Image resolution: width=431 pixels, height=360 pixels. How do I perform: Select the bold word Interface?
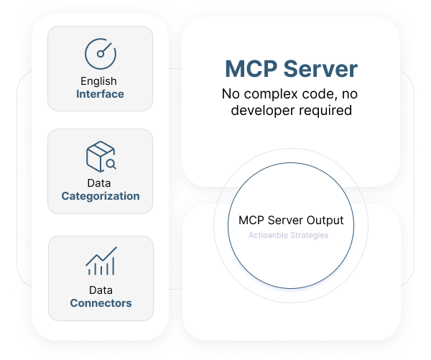click(101, 94)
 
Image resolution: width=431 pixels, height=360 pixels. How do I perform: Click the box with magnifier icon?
click(101, 157)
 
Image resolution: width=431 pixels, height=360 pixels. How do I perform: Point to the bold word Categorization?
click(101, 196)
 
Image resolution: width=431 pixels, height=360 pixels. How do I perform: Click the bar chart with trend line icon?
click(101, 262)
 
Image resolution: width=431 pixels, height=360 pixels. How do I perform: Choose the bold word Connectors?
click(101, 303)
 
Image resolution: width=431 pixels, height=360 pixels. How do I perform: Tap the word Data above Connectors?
click(101, 290)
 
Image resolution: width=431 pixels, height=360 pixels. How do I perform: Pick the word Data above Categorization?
click(101, 183)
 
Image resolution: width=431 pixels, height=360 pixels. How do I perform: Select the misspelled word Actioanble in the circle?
click(267, 236)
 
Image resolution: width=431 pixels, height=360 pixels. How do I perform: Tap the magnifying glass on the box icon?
click(111, 165)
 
